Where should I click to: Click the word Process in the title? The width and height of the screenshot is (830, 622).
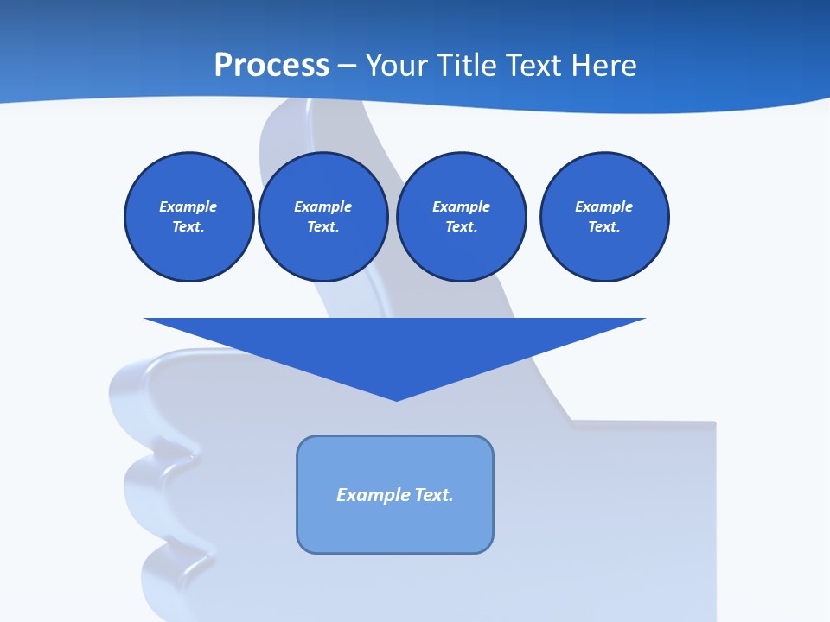pos(271,65)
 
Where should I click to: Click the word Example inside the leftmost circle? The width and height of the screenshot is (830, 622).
pos(188,206)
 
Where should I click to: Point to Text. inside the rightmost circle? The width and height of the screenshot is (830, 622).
pos(604,226)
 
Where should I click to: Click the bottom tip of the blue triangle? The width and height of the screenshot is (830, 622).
pos(396,398)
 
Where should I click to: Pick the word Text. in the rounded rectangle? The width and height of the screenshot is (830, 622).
pos(434,495)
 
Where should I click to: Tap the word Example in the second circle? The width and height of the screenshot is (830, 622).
pos(323,206)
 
